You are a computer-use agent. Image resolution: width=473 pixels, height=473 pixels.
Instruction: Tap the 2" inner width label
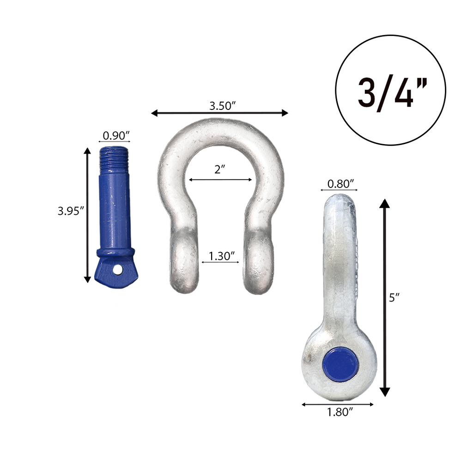219,170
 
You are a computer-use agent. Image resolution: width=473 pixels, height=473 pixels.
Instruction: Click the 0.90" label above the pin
116,135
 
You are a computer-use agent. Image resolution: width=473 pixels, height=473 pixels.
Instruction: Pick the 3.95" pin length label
70,211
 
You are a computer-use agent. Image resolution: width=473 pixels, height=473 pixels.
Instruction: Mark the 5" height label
394,298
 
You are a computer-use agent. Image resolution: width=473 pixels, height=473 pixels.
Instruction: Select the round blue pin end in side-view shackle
340,364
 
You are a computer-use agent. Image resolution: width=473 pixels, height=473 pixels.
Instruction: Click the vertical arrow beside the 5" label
385,298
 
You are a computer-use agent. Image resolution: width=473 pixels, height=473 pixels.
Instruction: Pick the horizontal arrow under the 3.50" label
220,113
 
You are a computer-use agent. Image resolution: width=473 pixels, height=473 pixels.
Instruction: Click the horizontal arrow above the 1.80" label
338,404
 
